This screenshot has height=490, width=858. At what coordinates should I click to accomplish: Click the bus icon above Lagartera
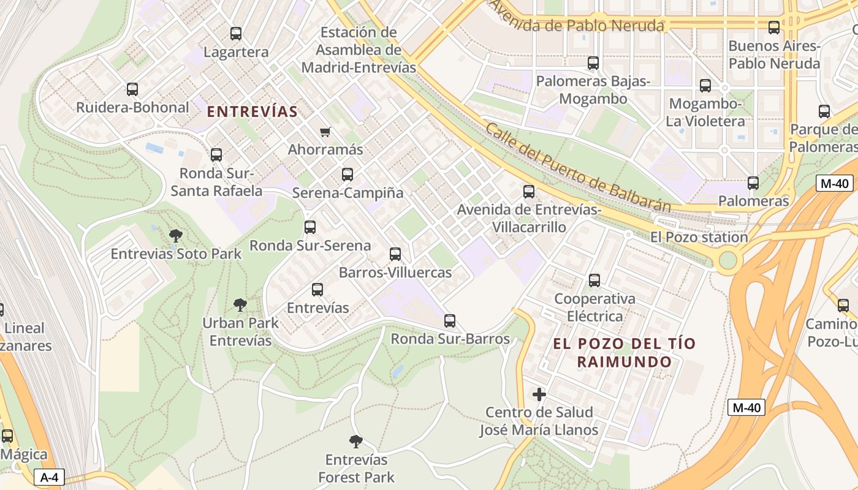[x=236, y=34]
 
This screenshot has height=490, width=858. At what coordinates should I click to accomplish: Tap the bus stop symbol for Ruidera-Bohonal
[x=132, y=89]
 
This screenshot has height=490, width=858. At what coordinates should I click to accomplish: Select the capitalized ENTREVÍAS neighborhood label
[x=252, y=111]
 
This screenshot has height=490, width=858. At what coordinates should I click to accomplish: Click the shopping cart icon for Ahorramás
[x=325, y=132]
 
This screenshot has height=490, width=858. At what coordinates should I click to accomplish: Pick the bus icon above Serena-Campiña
[x=347, y=175]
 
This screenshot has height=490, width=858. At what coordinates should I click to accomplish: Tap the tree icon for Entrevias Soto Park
[x=176, y=235]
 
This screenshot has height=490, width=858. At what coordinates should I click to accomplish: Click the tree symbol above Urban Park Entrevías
[x=240, y=304]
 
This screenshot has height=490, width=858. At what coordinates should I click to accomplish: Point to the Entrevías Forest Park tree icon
[x=355, y=441]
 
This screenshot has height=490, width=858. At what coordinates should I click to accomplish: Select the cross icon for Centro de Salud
[x=539, y=394]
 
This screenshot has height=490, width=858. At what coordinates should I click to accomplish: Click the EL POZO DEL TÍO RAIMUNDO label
[x=625, y=352]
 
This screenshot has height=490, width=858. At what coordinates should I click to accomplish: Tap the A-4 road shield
[x=48, y=478]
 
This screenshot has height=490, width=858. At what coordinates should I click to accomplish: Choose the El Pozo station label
[x=699, y=237]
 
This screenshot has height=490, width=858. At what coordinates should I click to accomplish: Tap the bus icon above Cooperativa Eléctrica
[x=594, y=281]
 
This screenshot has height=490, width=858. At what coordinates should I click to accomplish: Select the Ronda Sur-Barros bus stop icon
[x=450, y=320]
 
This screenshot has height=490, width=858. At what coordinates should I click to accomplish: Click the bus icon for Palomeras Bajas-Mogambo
[x=593, y=62]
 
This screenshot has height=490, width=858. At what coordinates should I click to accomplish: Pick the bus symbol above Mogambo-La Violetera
[x=705, y=86]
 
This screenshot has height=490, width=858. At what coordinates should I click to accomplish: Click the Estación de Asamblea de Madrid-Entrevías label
[x=359, y=50]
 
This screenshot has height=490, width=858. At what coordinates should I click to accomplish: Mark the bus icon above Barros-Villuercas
[x=395, y=254]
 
